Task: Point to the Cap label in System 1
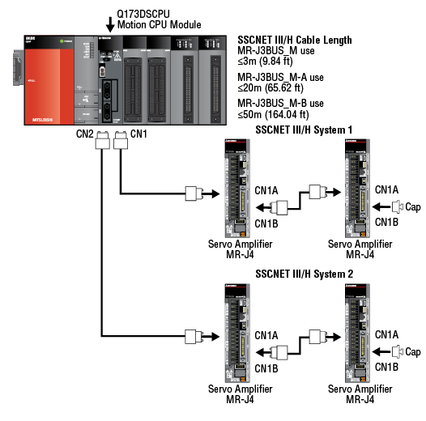412,207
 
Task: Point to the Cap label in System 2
412,351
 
